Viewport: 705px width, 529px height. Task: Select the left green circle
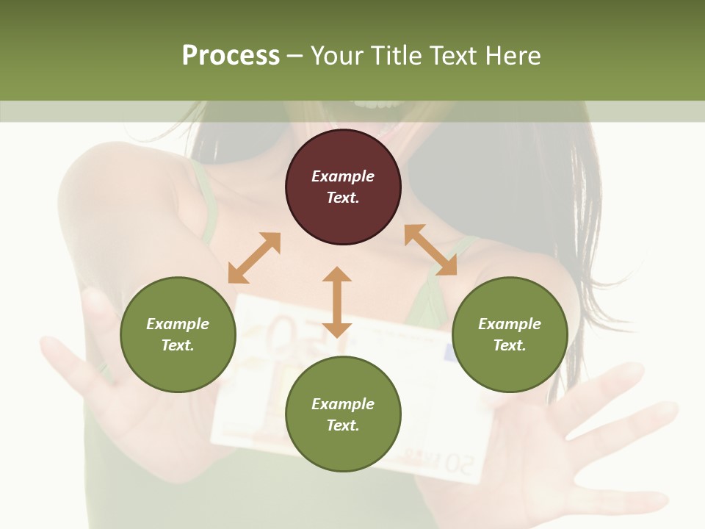[x=178, y=334]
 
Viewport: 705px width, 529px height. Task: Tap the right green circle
[x=510, y=334]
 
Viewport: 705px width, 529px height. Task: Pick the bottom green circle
[x=343, y=414]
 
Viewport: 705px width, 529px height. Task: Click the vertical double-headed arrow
[x=337, y=302]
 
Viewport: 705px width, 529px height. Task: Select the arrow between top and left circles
[x=254, y=258]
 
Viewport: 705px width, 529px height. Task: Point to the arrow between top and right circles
[x=430, y=250]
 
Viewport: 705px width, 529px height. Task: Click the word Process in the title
[x=231, y=56]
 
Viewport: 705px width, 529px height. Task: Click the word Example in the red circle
[x=343, y=176]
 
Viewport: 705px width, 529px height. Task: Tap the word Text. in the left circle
[x=178, y=345]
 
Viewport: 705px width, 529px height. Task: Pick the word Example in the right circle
[x=510, y=324]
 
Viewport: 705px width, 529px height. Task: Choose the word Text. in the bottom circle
[x=343, y=425]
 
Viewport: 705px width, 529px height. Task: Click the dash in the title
[x=295, y=56]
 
